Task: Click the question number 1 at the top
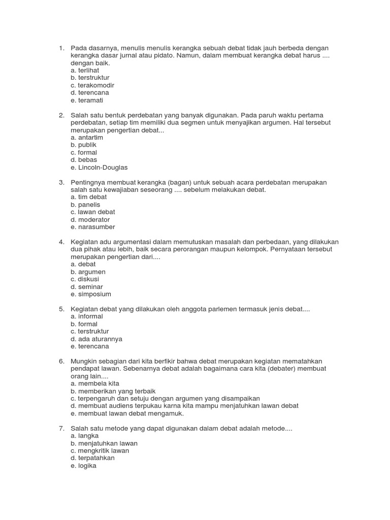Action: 61,48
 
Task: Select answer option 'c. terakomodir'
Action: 92,85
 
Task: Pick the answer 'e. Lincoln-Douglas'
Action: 99,168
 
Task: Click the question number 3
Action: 61,182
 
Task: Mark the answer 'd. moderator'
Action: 90,220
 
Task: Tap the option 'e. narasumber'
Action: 93,227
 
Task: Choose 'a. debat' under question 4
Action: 83,265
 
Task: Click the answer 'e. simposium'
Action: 91,294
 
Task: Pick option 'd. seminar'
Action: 87,287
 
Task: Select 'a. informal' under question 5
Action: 87,316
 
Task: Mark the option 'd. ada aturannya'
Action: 96,339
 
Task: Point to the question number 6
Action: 61,361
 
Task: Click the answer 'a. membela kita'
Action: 95,383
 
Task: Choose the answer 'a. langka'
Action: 85,436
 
